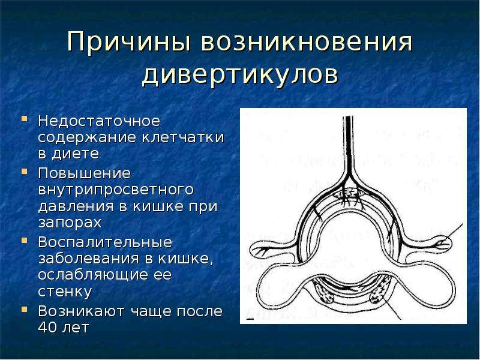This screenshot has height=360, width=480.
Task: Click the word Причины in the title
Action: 128,41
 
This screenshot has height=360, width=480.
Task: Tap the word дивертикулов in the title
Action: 240,74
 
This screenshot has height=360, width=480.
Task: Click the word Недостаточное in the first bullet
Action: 99,121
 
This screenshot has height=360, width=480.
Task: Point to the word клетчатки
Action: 183,137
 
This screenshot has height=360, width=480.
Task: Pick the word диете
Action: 76,154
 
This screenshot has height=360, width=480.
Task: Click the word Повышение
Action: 85,173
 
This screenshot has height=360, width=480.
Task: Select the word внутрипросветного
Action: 116,190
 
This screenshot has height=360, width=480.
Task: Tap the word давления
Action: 76,206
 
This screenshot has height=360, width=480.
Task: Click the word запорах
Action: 70,223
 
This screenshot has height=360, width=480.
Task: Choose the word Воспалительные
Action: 105,242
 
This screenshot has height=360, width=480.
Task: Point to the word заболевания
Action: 89,259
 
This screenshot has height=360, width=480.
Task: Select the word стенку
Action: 65,292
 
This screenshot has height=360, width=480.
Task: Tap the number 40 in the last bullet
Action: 48,327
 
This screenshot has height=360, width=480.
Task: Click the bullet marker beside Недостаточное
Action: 25,118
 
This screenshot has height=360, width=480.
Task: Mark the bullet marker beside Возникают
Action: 25,308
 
